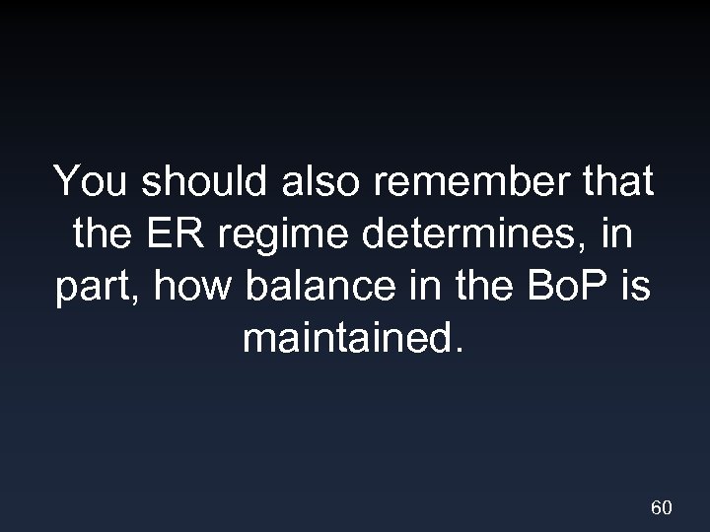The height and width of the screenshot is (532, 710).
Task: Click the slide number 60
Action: click(x=662, y=508)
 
